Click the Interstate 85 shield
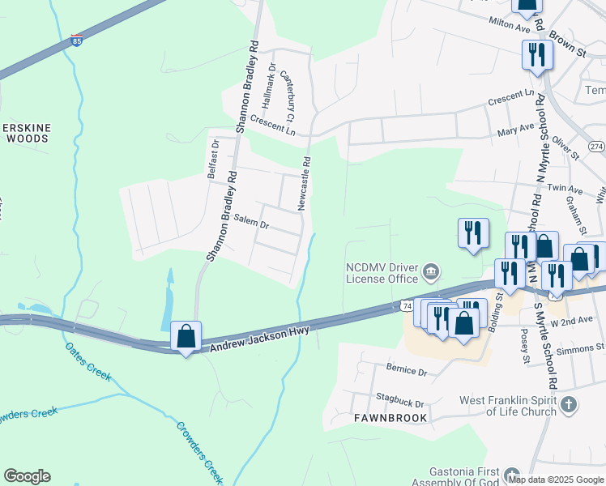pos(76,40)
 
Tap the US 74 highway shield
pos(407,305)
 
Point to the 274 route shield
pos(596,146)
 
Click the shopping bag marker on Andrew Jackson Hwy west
pos(186,335)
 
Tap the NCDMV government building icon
pos(432,271)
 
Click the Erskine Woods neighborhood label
pos(28,133)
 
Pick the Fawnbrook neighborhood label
pos(390,418)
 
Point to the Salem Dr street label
pos(250,220)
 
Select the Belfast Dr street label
pos(213,159)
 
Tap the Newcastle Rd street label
pos(305,184)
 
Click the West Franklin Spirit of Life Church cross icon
pos(569,404)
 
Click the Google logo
pos(27,475)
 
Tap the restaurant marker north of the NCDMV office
pos(471,234)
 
